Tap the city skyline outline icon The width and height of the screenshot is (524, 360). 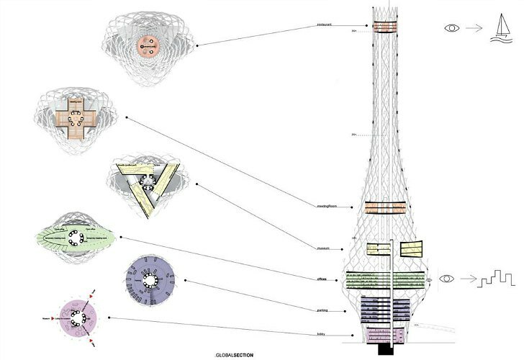(x=492, y=278)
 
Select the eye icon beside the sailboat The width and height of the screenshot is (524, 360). (x=452, y=28)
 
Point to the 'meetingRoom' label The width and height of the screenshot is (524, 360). (x=327, y=207)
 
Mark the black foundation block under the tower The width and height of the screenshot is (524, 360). (x=387, y=349)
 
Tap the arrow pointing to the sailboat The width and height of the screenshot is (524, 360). (x=473, y=29)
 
